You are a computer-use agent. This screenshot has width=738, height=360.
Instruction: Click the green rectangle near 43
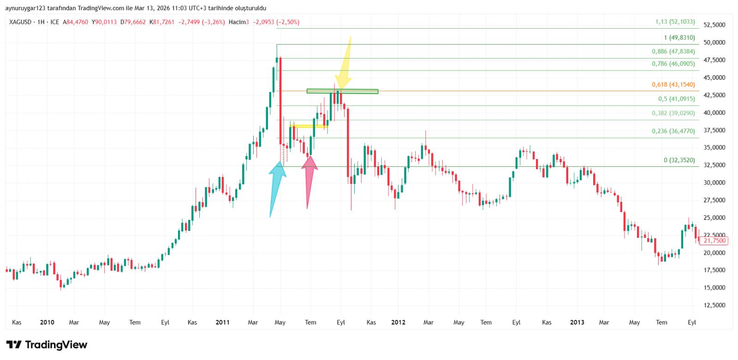click(x=342, y=91)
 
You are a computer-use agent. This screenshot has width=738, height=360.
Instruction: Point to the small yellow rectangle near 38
click(x=309, y=126)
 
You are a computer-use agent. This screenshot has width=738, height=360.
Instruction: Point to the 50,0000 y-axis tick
click(x=714, y=42)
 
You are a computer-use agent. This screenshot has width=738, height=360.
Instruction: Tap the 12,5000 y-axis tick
click(x=714, y=305)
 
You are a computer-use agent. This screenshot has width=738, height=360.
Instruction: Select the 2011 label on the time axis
click(x=222, y=322)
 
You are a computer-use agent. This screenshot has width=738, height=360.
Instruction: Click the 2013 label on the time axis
click(x=577, y=322)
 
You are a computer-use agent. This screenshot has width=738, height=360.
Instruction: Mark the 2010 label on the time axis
click(x=47, y=322)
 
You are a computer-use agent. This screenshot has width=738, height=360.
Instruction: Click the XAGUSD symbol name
click(x=20, y=22)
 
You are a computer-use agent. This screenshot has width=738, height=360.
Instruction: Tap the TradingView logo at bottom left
click(x=47, y=345)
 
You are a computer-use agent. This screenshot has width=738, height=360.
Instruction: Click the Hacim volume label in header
click(x=237, y=22)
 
